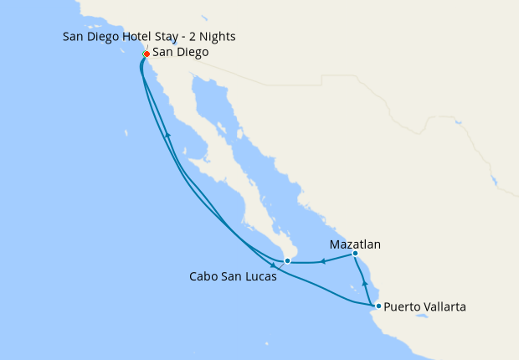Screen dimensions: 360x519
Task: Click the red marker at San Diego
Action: [146, 54]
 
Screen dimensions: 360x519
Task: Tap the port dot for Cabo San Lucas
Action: [287, 261]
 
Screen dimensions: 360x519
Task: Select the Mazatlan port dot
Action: [355, 254]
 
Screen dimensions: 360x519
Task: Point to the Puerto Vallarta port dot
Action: [378, 306]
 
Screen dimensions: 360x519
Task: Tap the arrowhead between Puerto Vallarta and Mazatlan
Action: [365, 285]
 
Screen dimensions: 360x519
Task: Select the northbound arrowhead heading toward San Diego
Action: [168, 134]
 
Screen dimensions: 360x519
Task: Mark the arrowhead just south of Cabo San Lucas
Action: [273, 265]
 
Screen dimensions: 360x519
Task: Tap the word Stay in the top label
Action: [173, 36]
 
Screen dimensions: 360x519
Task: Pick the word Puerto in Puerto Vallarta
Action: [403, 307]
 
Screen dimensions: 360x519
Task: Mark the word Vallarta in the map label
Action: [444, 306]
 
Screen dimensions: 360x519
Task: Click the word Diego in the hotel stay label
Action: [104, 36]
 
